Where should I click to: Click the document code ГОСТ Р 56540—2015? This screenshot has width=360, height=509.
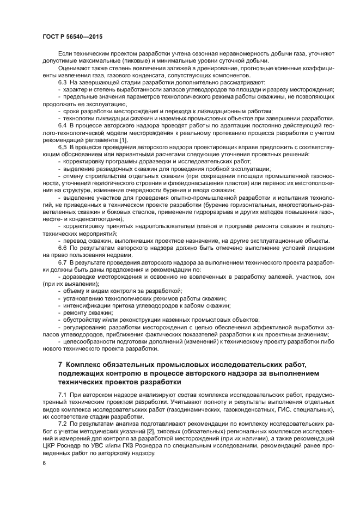click(72, 36)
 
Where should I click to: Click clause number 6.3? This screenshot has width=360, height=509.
click(63, 82)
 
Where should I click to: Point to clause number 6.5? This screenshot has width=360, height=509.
click(63, 147)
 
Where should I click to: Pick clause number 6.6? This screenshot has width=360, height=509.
click(63, 248)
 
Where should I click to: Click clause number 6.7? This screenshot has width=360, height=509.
click(63, 262)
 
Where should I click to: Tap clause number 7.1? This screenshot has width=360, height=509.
click(63, 393)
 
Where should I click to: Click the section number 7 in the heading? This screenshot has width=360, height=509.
click(60, 363)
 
